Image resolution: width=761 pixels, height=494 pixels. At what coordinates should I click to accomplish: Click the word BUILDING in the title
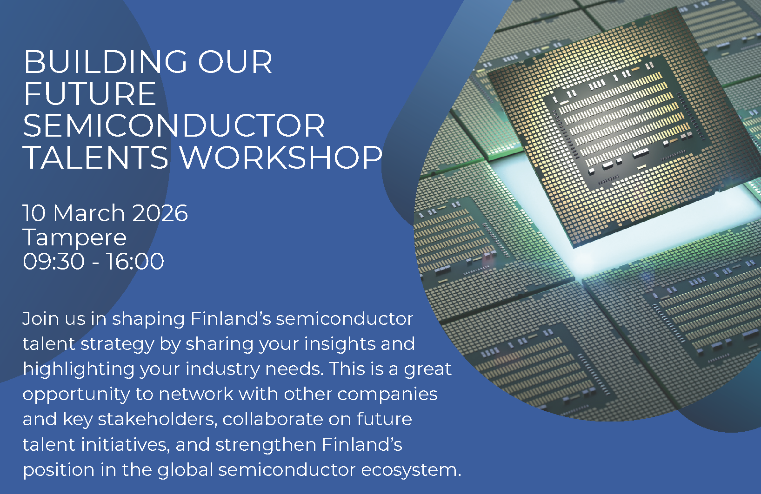click(105, 62)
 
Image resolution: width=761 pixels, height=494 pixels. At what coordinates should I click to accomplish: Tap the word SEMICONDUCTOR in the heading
click(174, 125)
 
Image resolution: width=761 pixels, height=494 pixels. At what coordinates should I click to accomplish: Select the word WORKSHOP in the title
click(280, 158)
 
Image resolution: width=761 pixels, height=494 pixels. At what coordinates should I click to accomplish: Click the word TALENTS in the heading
click(96, 158)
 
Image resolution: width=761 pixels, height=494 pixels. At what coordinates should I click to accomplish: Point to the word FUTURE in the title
click(90, 94)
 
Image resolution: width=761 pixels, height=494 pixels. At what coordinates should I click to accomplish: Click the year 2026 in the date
click(160, 213)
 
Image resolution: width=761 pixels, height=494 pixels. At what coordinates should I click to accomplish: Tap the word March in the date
click(89, 213)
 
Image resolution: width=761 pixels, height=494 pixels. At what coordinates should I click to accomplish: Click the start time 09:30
click(53, 262)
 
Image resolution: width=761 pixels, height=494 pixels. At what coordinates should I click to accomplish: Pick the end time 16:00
click(135, 262)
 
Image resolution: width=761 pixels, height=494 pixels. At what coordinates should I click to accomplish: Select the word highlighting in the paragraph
click(79, 370)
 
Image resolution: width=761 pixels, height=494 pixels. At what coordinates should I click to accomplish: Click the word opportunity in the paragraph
click(76, 395)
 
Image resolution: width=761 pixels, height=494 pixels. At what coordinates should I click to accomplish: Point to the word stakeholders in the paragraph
click(157, 420)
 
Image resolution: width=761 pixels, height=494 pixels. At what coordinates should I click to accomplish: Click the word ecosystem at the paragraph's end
click(411, 471)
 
